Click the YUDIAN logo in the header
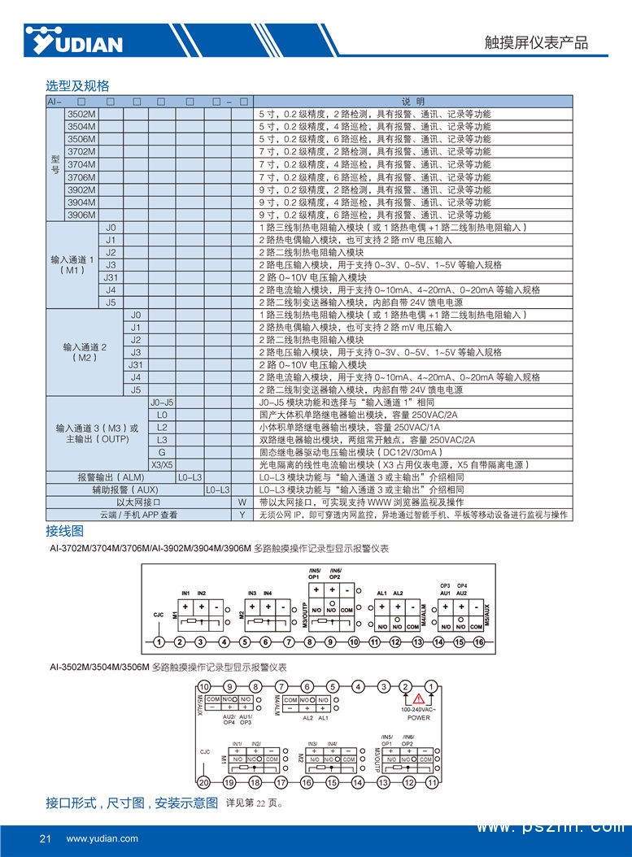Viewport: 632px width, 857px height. point(73,41)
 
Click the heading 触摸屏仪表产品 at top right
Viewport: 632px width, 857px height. point(547,43)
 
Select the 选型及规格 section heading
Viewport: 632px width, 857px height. point(77,85)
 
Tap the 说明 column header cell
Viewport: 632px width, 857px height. point(413,102)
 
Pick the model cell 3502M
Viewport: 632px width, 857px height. point(81,114)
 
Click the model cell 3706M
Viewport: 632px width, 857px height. point(81,177)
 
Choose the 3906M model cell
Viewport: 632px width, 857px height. point(81,215)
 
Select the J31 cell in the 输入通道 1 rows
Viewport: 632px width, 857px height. point(111,277)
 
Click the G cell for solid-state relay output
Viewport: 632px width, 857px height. point(162,452)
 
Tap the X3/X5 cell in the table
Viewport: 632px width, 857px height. point(162,465)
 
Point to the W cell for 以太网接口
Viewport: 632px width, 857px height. point(242,502)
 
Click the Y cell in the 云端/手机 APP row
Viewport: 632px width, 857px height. point(242,516)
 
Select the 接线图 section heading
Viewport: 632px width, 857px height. point(64,531)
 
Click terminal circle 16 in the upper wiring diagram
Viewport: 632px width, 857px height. point(479,642)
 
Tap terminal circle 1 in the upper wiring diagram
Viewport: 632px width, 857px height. point(159,642)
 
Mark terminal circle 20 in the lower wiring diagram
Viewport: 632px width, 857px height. point(204,782)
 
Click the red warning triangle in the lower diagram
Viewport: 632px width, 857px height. point(418,698)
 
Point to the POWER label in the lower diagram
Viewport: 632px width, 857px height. point(419,718)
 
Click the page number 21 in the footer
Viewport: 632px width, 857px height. point(46,838)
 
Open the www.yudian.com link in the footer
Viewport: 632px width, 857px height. point(102,838)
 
